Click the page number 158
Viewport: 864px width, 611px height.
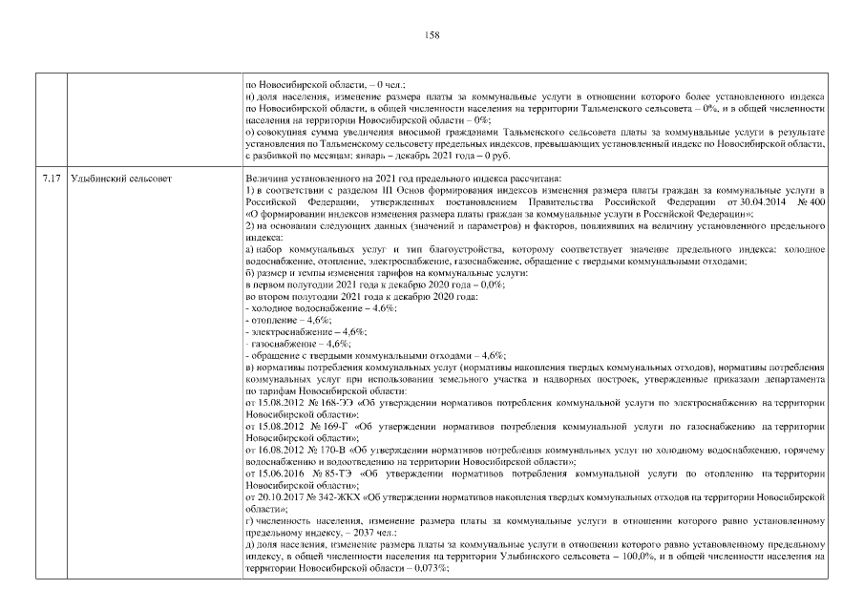coord(432,35)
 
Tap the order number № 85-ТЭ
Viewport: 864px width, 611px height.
coord(322,473)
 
